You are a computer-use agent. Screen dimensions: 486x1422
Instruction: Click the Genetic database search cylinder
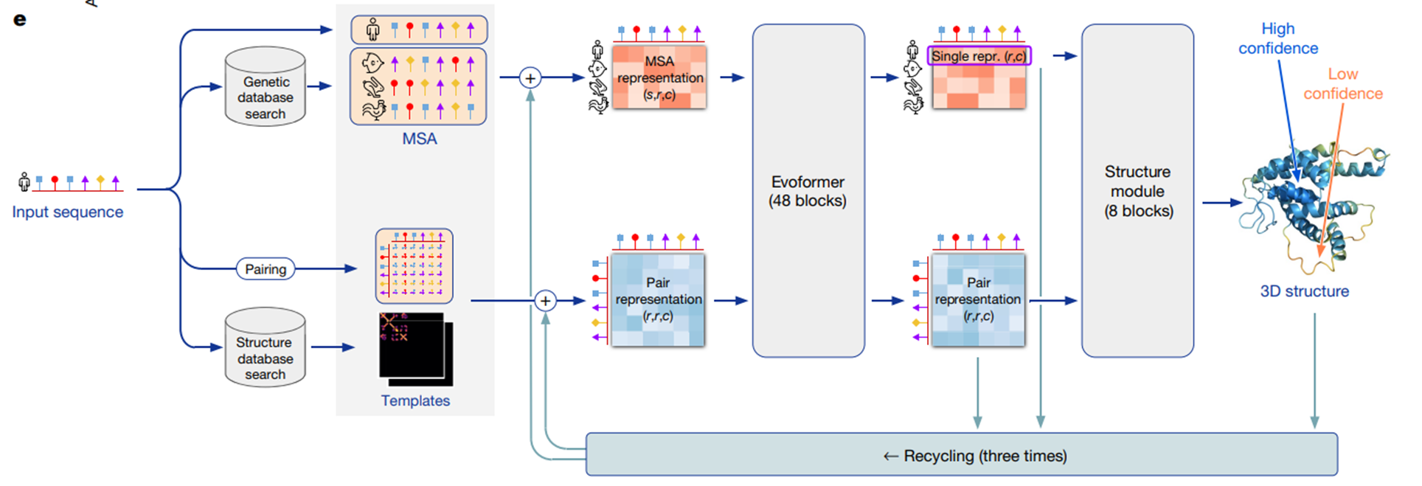click(265, 88)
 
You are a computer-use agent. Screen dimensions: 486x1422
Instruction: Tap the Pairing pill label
click(266, 269)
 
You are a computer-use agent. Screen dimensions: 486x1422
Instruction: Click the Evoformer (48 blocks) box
click(808, 191)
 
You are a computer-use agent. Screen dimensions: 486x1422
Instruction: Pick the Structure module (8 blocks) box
click(1137, 191)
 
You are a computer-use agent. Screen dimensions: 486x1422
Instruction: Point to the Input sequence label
click(67, 212)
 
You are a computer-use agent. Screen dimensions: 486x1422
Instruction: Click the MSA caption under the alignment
click(419, 139)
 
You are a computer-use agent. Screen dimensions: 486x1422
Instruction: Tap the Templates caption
click(415, 400)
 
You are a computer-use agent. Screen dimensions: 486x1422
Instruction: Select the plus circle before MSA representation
click(530, 77)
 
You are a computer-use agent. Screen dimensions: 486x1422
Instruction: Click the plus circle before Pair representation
click(544, 301)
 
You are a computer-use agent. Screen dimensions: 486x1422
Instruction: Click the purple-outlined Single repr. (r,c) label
click(978, 56)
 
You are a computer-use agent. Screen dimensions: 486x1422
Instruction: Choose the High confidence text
click(1277, 38)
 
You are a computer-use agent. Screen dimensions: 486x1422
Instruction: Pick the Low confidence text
click(1342, 84)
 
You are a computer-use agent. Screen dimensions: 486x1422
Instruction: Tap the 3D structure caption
click(1304, 291)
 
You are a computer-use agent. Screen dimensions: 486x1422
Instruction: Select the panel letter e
click(20, 19)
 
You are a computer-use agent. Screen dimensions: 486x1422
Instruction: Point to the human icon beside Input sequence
click(24, 181)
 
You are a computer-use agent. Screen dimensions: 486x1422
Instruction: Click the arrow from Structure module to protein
click(1221, 202)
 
